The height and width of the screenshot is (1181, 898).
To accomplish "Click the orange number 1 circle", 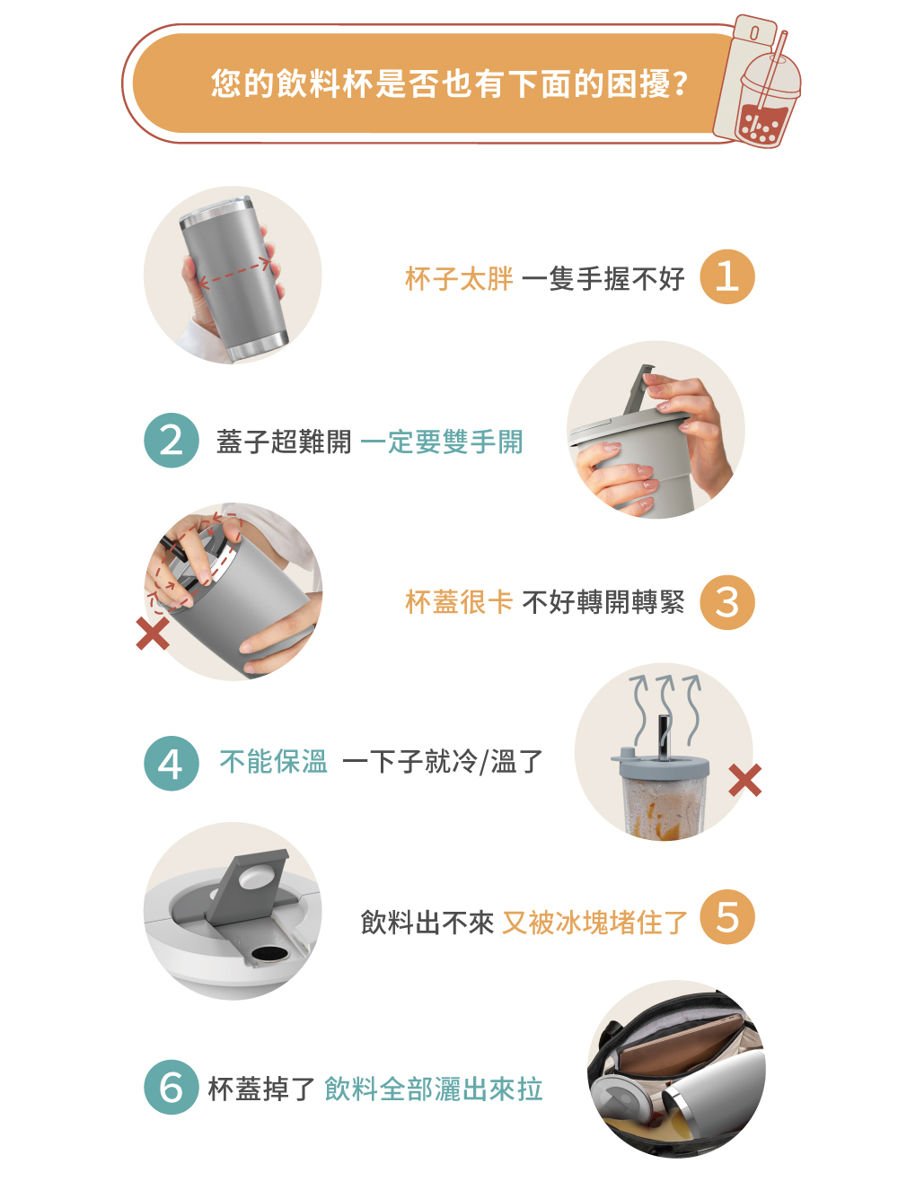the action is tap(726, 276).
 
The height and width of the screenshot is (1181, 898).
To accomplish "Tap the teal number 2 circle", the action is tap(172, 440).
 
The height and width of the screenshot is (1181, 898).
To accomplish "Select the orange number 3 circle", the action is tap(726, 602).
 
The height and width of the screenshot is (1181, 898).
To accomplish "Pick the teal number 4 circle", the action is tap(172, 763).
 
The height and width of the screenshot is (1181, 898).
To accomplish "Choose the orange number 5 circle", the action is tap(726, 917).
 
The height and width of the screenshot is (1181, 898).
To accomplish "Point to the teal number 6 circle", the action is tap(172, 1087).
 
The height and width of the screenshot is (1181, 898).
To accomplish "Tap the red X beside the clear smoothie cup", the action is tap(744, 780).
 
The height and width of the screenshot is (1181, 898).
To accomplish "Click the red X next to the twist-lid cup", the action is tap(153, 634).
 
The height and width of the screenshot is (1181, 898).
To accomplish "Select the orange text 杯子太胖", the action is tap(459, 279).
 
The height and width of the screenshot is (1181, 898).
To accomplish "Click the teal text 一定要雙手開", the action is tap(442, 442).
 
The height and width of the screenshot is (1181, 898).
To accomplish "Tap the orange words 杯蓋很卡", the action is tap(459, 602).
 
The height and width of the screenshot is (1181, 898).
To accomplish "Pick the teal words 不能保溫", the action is tap(274, 762).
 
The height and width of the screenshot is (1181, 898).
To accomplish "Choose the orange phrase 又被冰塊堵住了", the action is tap(594, 923).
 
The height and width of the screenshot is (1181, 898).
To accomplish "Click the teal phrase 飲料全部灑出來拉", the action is tap(434, 1088).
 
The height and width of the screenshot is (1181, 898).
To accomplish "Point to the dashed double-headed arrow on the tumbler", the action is tap(234, 272).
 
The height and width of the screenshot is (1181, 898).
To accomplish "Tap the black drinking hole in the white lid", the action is tap(269, 954).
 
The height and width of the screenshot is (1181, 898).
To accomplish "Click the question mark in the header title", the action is tap(681, 84).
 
